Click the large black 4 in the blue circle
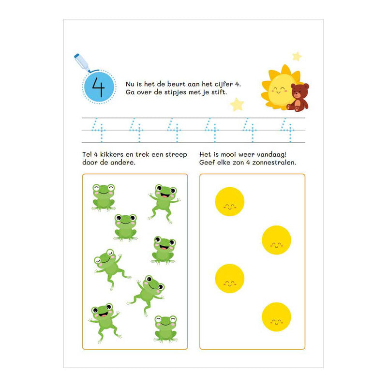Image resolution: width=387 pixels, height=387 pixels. click(x=99, y=87)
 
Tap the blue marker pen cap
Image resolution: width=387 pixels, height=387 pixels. click(x=77, y=56)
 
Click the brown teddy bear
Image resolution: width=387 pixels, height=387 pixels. click(x=298, y=98)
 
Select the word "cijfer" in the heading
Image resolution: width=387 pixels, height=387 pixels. click(x=223, y=84)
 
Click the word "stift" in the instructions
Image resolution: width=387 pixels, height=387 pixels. click(x=220, y=92)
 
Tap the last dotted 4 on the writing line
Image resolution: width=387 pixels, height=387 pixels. click(x=287, y=130)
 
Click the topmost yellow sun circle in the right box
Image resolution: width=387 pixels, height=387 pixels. click(x=229, y=202)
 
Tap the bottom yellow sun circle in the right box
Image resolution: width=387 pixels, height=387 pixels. click(x=276, y=317)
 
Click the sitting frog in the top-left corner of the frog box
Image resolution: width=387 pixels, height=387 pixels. click(x=104, y=197)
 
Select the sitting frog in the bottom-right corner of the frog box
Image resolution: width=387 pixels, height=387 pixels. click(x=165, y=329)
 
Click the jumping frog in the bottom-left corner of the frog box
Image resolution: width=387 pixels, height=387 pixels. click(x=104, y=322)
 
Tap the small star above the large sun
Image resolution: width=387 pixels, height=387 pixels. click(x=297, y=57)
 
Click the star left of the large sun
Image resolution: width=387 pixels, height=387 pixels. click(x=237, y=104)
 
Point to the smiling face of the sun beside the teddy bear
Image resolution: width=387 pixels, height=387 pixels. click(x=279, y=90)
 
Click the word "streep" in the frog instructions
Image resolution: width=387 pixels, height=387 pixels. click(x=176, y=155)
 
